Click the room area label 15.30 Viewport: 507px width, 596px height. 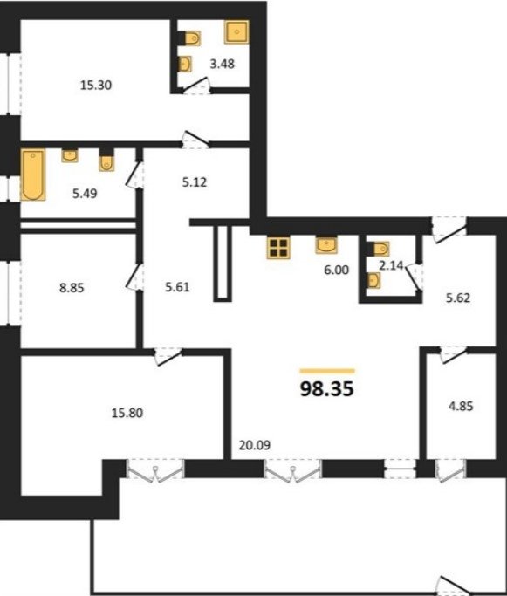(96, 86)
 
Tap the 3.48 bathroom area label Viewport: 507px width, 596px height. (223, 64)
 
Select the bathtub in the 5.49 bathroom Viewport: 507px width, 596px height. (33, 175)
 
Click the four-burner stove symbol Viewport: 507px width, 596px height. (278, 248)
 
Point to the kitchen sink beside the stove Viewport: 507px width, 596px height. (326, 245)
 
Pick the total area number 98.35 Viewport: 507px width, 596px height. (327, 389)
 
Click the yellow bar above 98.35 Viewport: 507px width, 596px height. (327, 371)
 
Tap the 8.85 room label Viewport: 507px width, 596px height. (72, 288)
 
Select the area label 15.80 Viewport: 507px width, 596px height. (127, 413)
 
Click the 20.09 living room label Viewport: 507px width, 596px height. (255, 445)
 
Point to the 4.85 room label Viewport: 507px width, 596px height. (461, 407)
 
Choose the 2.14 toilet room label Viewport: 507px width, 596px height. (391, 265)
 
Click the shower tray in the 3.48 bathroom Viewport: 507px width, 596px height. (236, 32)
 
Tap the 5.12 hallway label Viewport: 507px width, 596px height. (195, 182)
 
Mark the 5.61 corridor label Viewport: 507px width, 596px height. (177, 287)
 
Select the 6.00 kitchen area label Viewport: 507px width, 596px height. (336, 270)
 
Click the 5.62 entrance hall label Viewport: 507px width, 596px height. (458, 298)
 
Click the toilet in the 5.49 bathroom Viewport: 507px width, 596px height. (106, 162)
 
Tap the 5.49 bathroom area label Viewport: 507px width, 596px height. (85, 194)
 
